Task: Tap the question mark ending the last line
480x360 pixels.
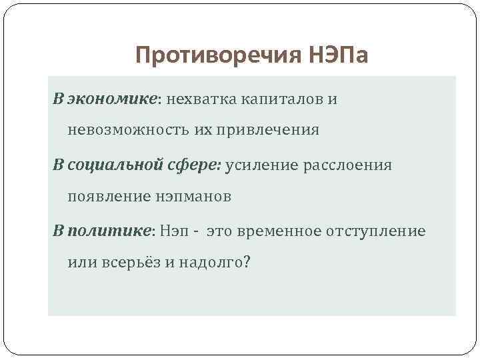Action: coord(247,262)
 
